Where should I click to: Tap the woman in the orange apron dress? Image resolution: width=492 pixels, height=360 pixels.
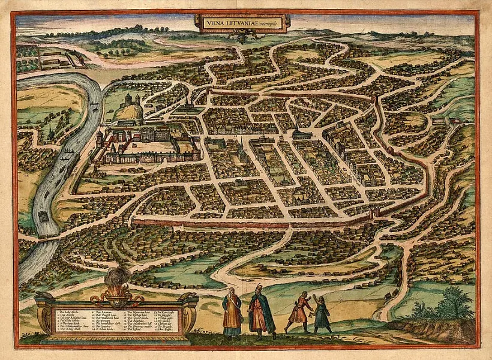click(232, 312)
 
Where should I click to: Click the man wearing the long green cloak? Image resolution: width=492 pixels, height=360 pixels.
click(261, 311)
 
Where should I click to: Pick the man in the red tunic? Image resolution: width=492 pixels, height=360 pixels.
click(298, 312)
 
